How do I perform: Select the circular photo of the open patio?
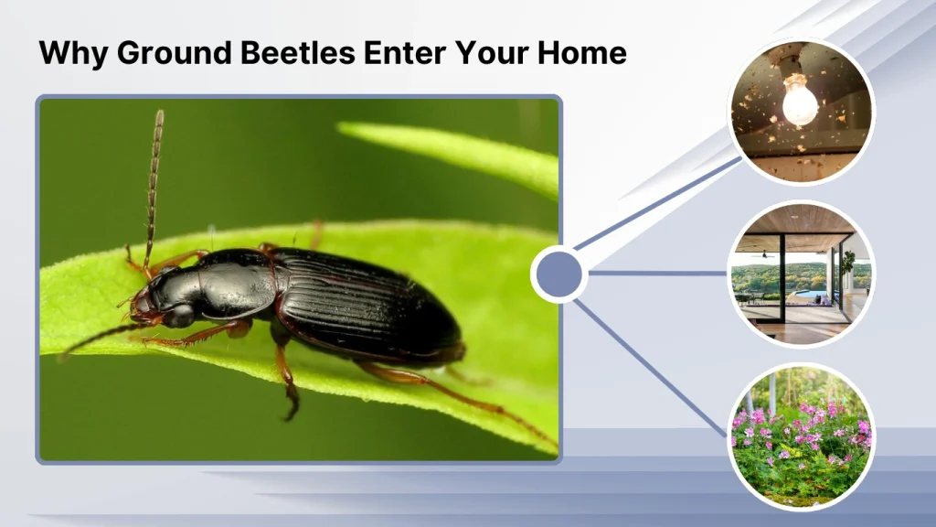tap(800, 274)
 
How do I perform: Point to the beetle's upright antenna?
tap(154, 183)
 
